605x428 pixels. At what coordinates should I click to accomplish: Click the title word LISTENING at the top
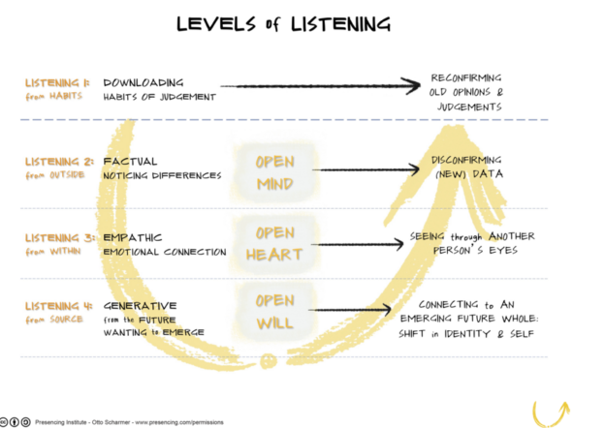pos(340,24)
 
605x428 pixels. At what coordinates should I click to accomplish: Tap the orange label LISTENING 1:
pos(57,83)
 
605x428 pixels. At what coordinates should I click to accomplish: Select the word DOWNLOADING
pos(143,83)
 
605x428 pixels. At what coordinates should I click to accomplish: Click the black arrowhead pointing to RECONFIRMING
pos(411,85)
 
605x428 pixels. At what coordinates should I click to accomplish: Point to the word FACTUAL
pos(130,162)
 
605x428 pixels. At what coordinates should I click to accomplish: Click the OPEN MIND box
pos(275,173)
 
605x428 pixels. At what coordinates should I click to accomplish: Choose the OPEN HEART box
pos(274,244)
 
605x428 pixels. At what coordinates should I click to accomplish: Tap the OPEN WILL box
pos(275,312)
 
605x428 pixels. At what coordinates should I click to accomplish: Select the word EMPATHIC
pos(132,237)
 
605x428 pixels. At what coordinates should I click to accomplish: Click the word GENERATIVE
pos(140,306)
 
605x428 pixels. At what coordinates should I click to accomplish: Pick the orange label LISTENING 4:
pos(58,306)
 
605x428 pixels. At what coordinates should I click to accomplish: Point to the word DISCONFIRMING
pos(466,160)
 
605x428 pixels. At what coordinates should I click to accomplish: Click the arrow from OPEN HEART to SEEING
pos(358,244)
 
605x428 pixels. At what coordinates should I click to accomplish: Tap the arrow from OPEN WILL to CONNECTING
pos(350,310)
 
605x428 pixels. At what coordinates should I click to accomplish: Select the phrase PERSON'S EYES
pos(475,251)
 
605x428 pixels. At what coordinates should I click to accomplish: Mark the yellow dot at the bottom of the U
pos(269,361)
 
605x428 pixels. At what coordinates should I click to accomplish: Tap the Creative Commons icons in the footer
pos(16,422)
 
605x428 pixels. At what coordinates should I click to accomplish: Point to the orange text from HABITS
pos(54,96)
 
